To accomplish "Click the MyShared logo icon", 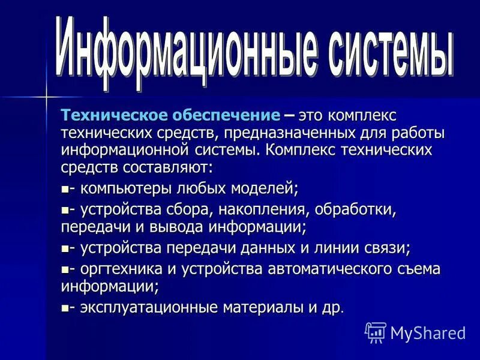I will [x=375, y=332].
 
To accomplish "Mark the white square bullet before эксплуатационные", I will [x=65, y=308].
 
